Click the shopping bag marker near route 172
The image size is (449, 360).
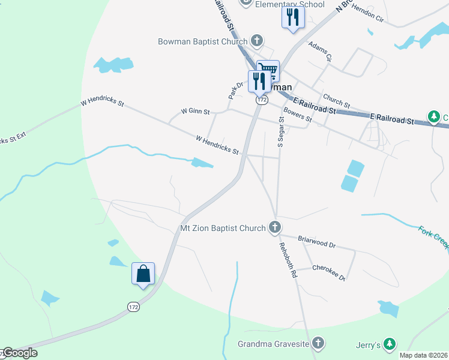(x=143, y=274)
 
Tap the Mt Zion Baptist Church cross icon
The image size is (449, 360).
(x=275, y=227)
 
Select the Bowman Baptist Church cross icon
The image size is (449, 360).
(x=256, y=41)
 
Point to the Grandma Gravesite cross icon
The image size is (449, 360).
(x=318, y=344)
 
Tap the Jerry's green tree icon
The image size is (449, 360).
(x=390, y=344)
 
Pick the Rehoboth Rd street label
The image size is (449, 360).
(x=288, y=263)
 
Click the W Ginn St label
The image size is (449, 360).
(x=196, y=112)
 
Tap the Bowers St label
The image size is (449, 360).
(x=298, y=115)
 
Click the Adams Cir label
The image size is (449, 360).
(x=320, y=51)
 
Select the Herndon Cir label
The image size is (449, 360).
(x=367, y=14)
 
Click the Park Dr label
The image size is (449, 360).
(x=235, y=90)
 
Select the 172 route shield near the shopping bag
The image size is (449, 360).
(x=133, y=307)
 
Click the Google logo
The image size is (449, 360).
(x=20, y=353)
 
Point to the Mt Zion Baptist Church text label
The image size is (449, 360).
(x=223, y=228)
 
